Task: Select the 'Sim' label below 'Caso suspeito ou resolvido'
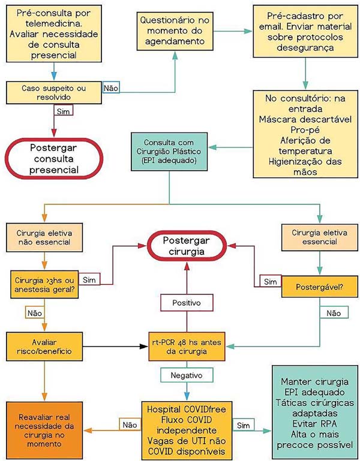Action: click(61, 112)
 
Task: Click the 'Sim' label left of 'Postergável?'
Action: click(269, 281)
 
